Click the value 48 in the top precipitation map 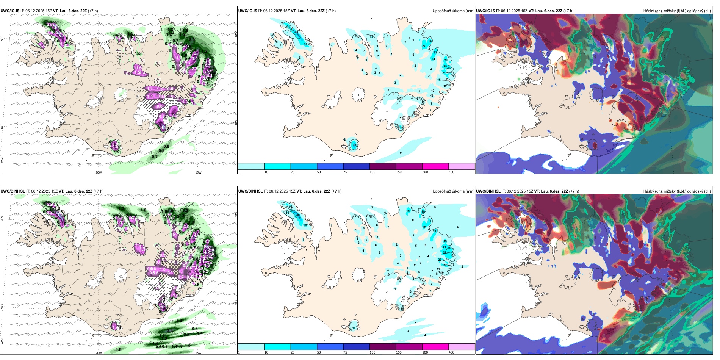(x=296, y=33)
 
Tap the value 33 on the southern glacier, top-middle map (x=354, y=145)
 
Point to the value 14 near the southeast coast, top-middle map (x=401, y=128)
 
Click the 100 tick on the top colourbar (x=372, y=172)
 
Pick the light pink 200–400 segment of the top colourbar (x=462, y=166)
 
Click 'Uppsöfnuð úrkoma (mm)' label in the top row (x=453, y=11)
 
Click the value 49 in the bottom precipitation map (x=298, y=216)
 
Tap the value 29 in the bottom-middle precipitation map (x=445, y=252)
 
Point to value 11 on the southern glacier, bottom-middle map (x=354, y=328)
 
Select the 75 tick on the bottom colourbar (x=346, y=352)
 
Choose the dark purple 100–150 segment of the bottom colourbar (x=382, y=347)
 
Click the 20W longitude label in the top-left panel (x=99, y=172)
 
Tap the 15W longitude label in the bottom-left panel (x=198, y=353)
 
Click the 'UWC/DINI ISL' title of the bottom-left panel (x=13, y=191)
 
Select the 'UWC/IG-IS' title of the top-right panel (x=485, y=11)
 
